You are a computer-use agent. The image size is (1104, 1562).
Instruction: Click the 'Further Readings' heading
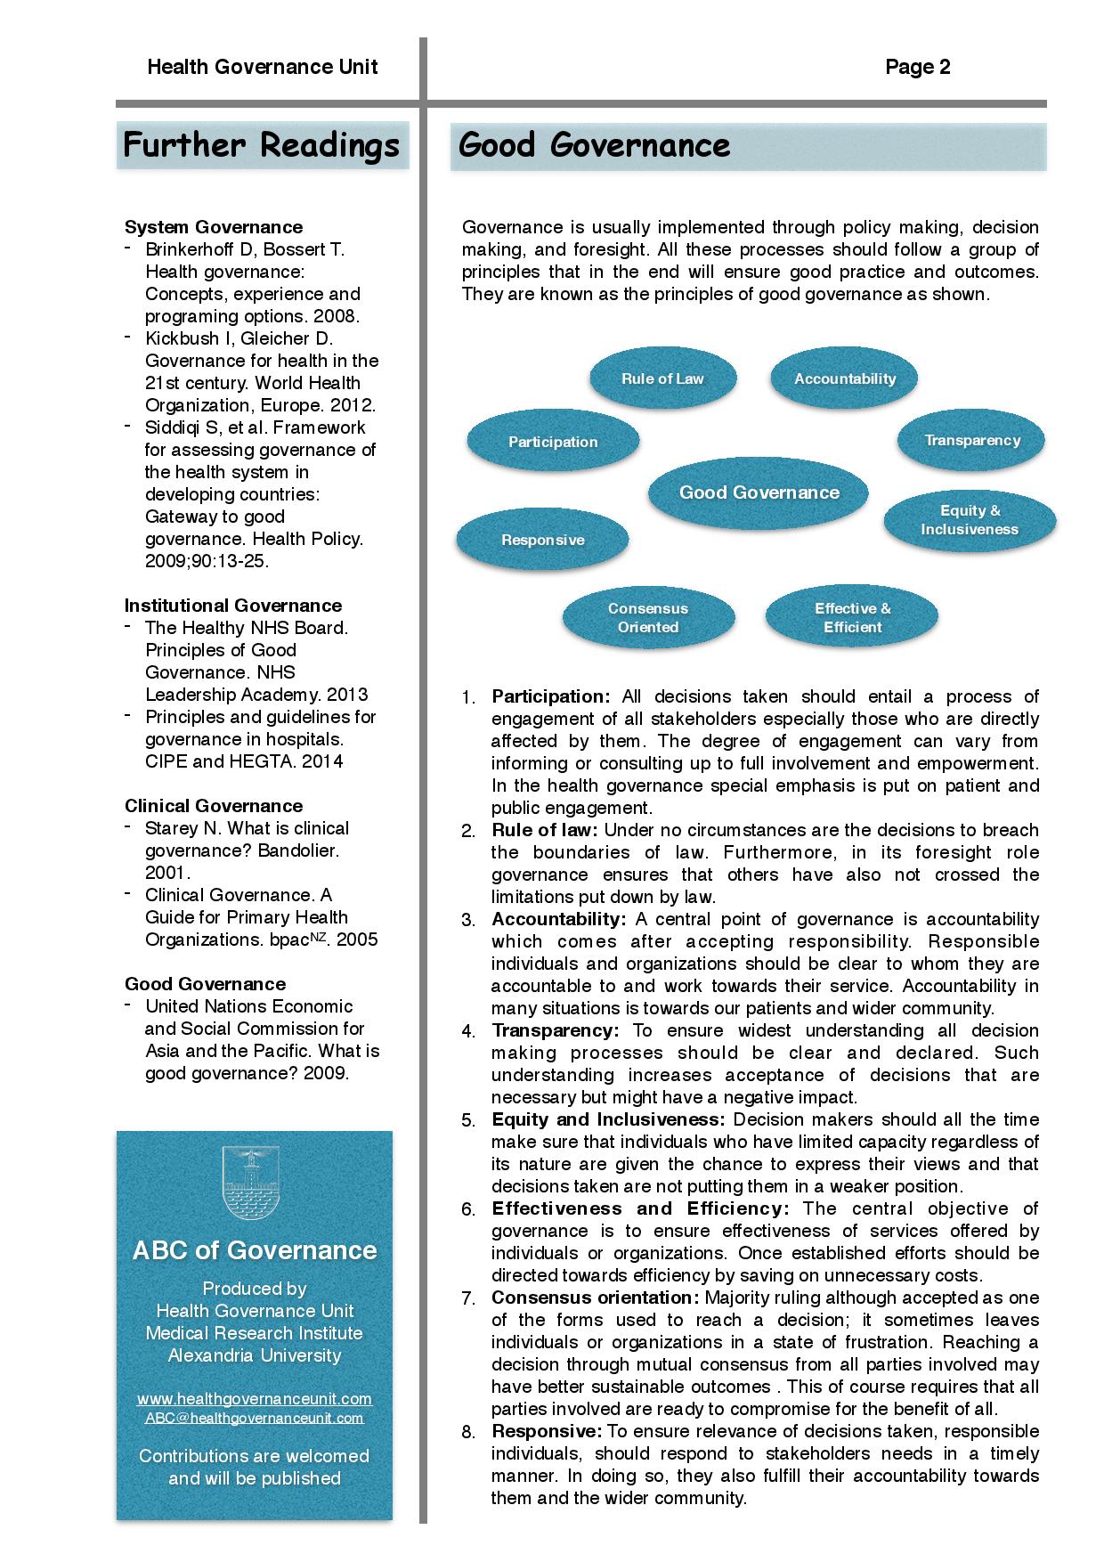(x=261, y=145)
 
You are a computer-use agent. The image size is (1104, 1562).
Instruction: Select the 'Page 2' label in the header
(x=917, y=68)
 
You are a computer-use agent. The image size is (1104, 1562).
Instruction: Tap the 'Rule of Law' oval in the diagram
(x=662, y=378)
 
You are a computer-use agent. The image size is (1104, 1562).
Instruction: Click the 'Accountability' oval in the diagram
(x=845, y=378)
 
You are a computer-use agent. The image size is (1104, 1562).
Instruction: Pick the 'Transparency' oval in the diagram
(x=971, y=440)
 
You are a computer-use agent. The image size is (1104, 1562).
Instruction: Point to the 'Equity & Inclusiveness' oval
(x=970, y=520)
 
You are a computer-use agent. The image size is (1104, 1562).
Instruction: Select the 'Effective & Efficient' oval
(x=852, y=617)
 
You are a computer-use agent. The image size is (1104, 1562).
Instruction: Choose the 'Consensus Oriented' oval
(x=648, y=617)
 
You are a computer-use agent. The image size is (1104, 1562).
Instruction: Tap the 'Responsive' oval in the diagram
(x=542, y=540)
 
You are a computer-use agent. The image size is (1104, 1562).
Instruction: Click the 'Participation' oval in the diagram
(x=553, y=442)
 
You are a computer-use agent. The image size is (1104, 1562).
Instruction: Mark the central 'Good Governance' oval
(x=759, y=492)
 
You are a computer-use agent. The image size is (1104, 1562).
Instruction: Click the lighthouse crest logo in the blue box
(x=254, y=1184)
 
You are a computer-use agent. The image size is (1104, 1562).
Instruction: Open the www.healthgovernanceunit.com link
(x=254, y=1399)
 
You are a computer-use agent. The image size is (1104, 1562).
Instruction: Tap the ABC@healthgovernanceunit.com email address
(x=254, y=1419)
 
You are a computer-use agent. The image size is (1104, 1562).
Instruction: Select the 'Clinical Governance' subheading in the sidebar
(x=214, y=806)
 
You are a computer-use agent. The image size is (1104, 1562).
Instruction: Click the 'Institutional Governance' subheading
(x=232, y=606)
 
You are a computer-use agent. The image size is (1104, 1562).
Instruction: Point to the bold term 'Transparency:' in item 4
(x=555, y=1030)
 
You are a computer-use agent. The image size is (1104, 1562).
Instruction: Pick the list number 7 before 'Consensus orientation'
(x=468, y=1298)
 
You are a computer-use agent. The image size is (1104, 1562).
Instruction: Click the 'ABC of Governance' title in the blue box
(x=254, y=1250)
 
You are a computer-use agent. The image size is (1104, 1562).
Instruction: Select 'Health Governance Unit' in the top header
(x=263, y=68)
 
